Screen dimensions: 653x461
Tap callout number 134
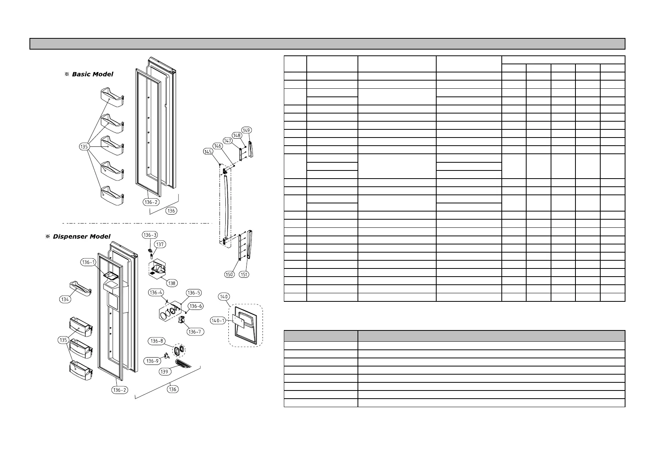[x=65, y=299]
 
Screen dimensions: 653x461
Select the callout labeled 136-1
[x=88, y=262]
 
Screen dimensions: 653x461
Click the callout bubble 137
[x=160, y=244]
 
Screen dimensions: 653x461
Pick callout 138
[x=172, y=283]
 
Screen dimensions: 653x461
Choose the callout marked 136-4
[x=155, y=292]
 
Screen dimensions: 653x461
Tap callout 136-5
[x=193, y=293]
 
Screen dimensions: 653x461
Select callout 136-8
[x=157, y=341]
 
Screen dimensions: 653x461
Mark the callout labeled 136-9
[x=152, y=361]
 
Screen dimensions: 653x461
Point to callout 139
[x=165, y=372]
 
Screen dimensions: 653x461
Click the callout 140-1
[x=218, y=320]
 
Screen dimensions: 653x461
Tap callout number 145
[x=208, y=152]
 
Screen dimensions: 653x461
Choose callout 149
[x=246, y=130]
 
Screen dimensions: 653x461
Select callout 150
[x=229, y=274]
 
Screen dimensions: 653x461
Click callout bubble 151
[x=244, y=274]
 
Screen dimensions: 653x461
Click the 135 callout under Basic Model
[x=85, y=147]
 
